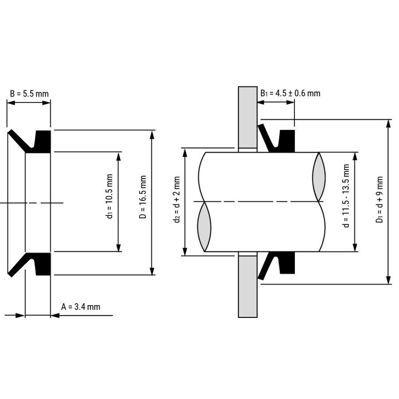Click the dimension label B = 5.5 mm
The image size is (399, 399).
tap(29, 94)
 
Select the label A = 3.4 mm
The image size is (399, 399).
tap(81, 307)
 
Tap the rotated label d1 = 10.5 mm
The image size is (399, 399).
tap(110, 196)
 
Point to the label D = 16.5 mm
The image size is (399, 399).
tap(143, 197)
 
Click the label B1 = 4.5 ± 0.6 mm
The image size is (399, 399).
tap(290, 94)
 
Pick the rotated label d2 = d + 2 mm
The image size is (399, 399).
tap(177, 199)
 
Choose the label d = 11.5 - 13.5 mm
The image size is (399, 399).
tap(346, 196)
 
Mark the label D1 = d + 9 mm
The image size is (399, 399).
tap(379, 199)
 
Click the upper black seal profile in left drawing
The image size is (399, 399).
tap(29, 141)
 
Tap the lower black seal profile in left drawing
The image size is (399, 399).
tap(29, 264)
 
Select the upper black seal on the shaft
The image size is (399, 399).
tap(276, 139)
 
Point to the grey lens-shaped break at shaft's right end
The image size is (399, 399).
tap(319, 177)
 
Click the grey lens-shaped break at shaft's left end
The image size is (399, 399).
tap(204, 227)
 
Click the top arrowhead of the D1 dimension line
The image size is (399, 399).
tap(388, 124)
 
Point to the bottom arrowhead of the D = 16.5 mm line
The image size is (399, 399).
tap(152, 270)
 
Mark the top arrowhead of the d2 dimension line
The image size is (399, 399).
tap(185, 153)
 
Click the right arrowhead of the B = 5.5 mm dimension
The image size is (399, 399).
tap(46, 103)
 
